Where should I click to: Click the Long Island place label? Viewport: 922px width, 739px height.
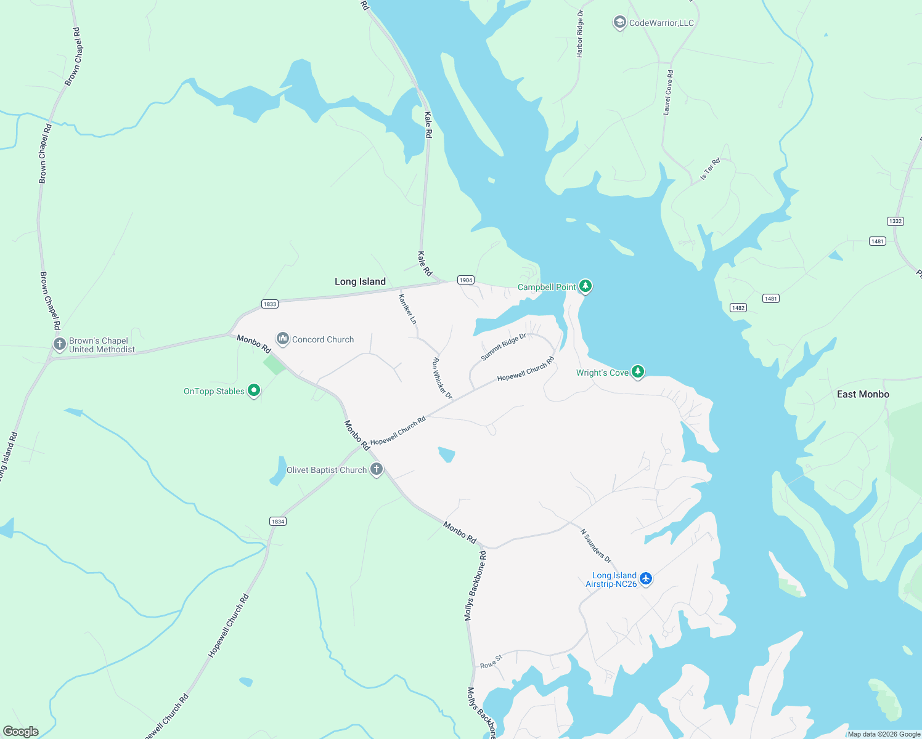(x=360, y=281)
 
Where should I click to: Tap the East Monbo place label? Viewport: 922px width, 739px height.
(x=863, y=394)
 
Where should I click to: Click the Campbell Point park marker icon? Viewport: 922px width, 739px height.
(x=585, y=286)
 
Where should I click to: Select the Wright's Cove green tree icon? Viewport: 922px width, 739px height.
(x=638, y=372)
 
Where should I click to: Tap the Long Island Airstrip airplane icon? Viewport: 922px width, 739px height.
(x=645, y=579)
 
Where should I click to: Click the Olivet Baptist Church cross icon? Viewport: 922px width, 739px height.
(x=376, y=469)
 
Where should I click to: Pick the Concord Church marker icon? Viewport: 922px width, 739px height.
(x=283, y=339)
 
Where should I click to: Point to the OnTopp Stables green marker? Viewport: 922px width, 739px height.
(x=253, y=390)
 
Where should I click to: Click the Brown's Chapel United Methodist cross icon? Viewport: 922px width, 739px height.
(x=60, y=344)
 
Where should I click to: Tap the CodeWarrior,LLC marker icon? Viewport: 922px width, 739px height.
(x=619, y=23)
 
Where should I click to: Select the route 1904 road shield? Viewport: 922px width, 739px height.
(x=466, y=280)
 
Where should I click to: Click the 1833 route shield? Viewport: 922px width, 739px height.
(x=269, y=304)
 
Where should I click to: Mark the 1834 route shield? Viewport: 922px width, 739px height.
(x=278, y=522)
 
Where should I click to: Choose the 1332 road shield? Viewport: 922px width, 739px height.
(x=895, y=221)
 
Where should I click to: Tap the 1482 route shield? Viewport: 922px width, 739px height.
(x=738, y=307)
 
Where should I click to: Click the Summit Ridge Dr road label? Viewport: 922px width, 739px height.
(x=504, y=347)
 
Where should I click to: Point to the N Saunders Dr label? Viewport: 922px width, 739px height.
(x=596, y=546)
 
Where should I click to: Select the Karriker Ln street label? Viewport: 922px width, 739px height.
(x=407, y=309)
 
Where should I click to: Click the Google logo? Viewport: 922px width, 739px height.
(x=21, y=732)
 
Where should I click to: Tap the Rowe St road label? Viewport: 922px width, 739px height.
(x=491, y=662)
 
